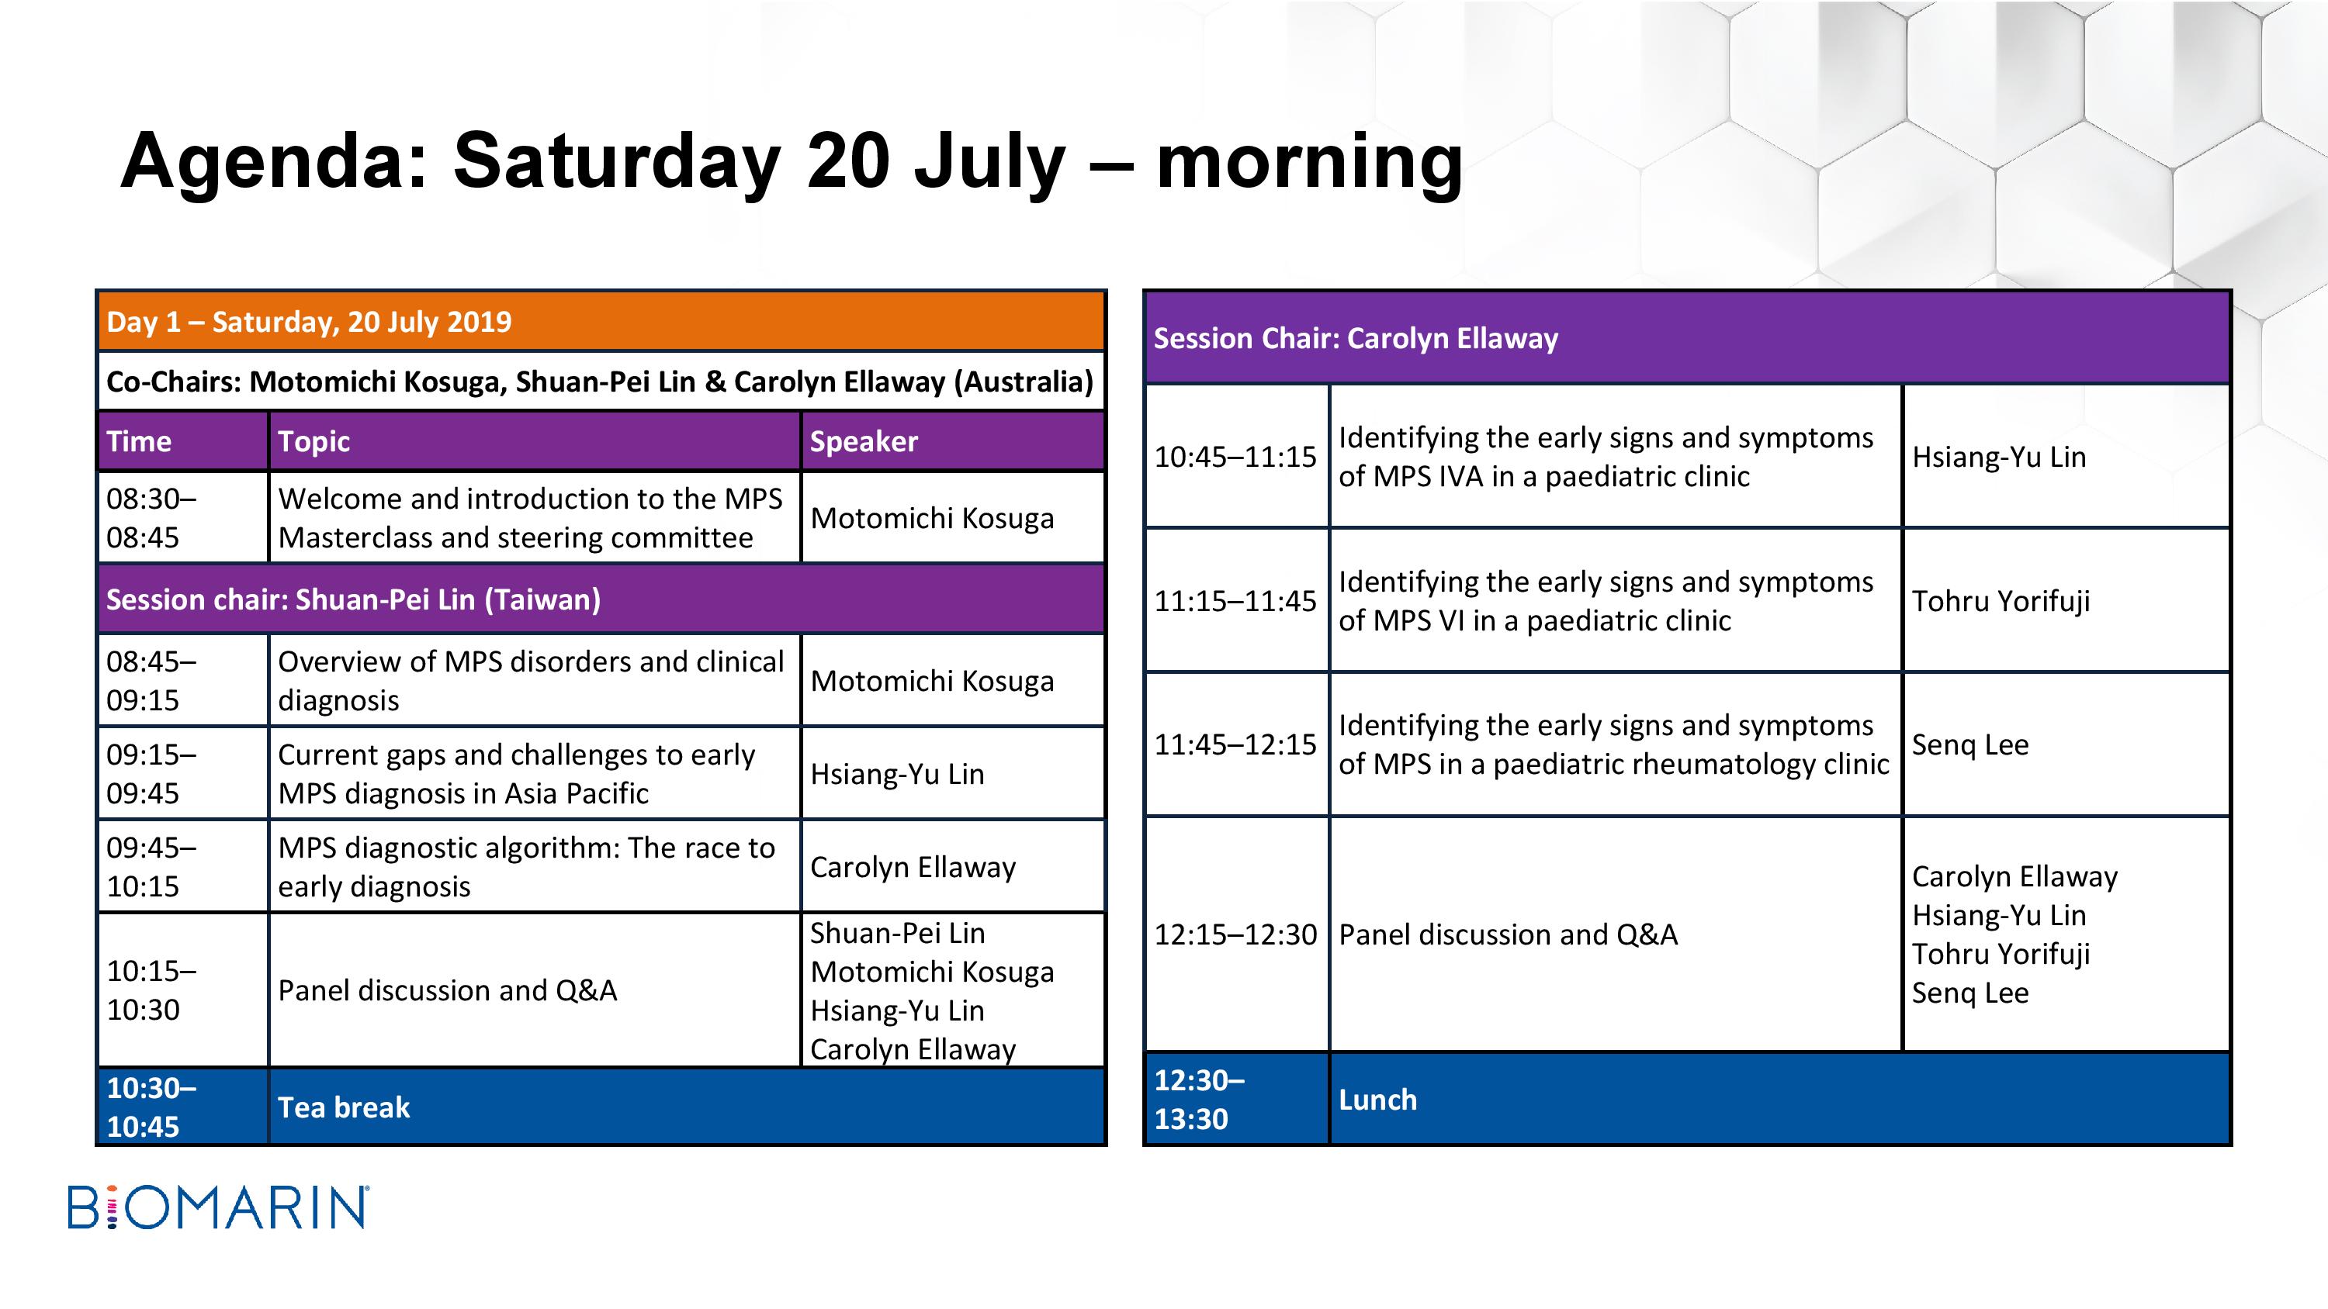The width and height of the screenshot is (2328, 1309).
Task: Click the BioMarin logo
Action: (x=218, y=1207)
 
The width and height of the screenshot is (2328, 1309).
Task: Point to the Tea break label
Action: (x=344, y=1107)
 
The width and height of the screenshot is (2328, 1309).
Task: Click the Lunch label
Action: (x=1377, y=1100)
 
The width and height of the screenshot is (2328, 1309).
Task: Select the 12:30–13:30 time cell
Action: (x=1236, y=1100)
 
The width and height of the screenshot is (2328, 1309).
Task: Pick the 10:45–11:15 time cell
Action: (x=1236, y=456)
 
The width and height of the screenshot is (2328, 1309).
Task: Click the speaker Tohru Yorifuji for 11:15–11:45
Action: (x=2001, y=601)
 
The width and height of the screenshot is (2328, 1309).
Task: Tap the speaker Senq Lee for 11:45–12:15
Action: (x=1970, y=744)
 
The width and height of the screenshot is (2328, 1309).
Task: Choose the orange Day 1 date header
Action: (x=601, y=322)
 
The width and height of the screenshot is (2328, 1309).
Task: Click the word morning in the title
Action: (x=1308, y=161)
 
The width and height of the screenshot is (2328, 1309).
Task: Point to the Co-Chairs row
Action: (x=601, y=382)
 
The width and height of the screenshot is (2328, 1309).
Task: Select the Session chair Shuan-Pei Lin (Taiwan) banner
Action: (x=601, y=599)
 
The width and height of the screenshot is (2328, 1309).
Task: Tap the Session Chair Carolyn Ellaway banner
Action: (x=1687, y=338)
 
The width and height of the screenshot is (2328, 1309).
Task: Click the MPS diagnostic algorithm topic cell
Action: (x=534, y=866)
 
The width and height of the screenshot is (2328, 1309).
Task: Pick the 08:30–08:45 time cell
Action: (x=182, y=518)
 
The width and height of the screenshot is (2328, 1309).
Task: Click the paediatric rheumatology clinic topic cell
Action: (x=1616, y=744)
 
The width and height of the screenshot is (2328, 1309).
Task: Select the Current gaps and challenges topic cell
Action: (x=534, y=773)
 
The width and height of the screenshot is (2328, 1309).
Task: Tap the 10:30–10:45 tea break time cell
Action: (x=182, y=1107)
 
